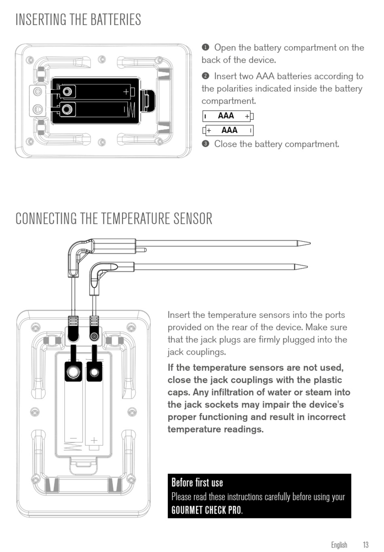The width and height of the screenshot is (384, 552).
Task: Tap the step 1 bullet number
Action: point(205,47)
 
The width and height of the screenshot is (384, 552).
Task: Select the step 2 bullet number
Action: point(205,76)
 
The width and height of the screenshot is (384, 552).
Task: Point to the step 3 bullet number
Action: point(205,144)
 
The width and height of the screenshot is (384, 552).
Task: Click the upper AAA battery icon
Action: point(228,116)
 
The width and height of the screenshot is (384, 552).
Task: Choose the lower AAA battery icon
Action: point(228,130)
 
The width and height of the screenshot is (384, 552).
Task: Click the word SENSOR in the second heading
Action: point(193,218)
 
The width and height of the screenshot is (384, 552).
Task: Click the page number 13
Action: point(365,544)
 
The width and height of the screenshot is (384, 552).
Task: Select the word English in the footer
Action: point(339,544)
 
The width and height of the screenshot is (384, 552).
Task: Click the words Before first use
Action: point(197,482)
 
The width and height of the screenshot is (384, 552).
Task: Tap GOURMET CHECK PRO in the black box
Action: point(206,510)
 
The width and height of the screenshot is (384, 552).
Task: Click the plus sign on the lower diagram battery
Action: point(94,440)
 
